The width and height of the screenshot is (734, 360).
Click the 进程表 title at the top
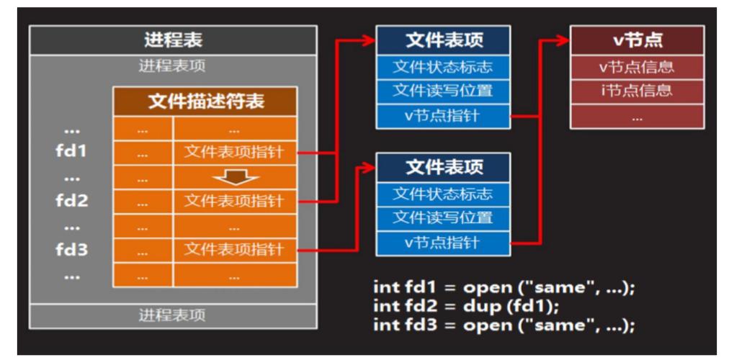point(172,40)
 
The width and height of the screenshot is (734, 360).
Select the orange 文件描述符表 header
point(205,102)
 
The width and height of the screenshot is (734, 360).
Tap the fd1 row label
point(71,153)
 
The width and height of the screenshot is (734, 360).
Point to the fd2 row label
point(71,201)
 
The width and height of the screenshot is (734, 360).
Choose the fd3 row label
point(71,249)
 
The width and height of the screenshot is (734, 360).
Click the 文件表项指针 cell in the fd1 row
point(233,153)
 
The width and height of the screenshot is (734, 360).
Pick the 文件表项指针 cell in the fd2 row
point(233,201)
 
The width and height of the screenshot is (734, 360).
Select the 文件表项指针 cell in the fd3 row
point(233,249)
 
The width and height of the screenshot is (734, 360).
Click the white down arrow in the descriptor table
point(233,176)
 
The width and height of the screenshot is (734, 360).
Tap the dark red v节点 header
point(636,40)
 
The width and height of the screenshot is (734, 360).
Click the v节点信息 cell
point(636,67)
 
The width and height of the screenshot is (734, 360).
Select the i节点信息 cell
point(636,90)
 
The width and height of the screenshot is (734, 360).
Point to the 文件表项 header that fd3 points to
point(443,167)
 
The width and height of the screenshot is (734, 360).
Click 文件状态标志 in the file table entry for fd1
point(443,67)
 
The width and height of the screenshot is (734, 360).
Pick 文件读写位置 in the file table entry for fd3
point(443,217)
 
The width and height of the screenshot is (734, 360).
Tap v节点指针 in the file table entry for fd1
point(443,115)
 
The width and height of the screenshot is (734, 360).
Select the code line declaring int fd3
point(503,324)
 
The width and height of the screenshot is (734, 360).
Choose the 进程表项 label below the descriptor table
point(172,315)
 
